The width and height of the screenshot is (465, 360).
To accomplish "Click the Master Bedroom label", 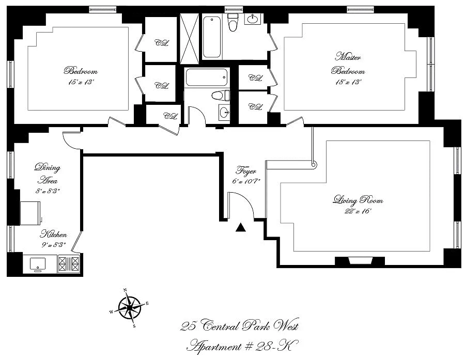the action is tap(348, 64).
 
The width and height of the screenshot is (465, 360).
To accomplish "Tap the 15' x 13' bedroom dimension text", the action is tap(81, 83).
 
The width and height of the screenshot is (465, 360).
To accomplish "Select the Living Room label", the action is tap(358, 200).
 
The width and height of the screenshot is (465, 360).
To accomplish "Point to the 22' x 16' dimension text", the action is tap(358, 211).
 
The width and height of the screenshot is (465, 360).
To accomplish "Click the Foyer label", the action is tap(246, 171).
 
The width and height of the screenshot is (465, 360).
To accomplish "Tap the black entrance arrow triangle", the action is tap(240, 227).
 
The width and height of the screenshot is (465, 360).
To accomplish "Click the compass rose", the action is tap(129, 308).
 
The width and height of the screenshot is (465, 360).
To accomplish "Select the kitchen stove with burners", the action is tap(69, 264).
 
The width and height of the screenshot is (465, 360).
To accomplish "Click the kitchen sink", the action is tap(38, 264).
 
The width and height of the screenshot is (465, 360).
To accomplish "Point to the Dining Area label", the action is tap(48, 174).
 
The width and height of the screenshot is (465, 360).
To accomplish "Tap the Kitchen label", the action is tap(53, 234).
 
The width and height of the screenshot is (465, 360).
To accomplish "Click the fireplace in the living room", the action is tap(360, 261).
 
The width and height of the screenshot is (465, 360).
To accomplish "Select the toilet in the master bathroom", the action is tap(232, 22).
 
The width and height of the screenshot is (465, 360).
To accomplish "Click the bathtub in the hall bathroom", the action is tap(206, 77).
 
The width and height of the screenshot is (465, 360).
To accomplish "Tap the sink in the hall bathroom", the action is tap(225, 113).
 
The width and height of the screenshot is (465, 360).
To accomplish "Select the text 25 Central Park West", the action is tap(240, 325).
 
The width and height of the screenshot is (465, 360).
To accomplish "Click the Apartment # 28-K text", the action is tap(242, 346).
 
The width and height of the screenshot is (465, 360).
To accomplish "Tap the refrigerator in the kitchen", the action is tap(30, 213).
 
